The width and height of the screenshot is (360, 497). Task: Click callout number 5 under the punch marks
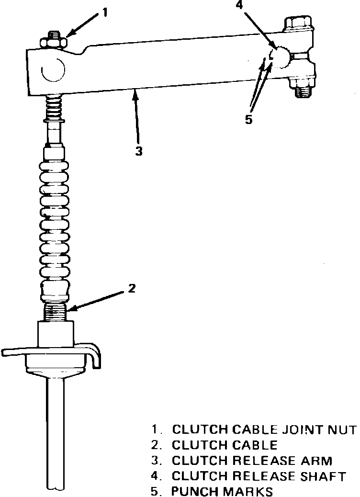coord(248,120)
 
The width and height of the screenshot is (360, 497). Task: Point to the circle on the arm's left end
coord(53,70)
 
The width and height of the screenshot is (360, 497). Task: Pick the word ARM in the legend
coord(315,461)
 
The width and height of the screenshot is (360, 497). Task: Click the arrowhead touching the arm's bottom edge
coord(135,93)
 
